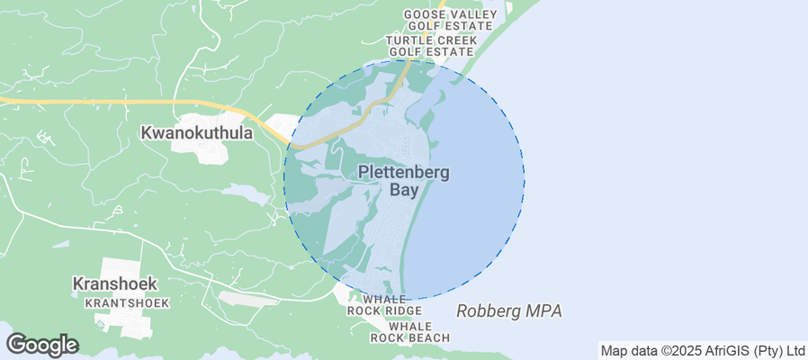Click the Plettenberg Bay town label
pyautogui.click(x=404, y=181)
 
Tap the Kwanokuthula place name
pyautogui.click(x=196, y=132)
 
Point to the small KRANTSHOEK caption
pyautogui.click(x=126, y=303)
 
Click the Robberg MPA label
pyautogui.click(x=508, y=311)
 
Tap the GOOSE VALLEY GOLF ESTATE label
pyautogui.click(x=450, y=21)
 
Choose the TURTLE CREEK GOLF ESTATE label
pyautogui.click(x=429, y=47)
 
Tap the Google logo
pyautogui.click(x=41, y=345)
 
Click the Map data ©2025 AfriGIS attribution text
pyautogui.click(x=703, y=350)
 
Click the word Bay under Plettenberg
pyautogui.click(x=405, y=190)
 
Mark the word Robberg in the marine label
pyautogui.click(x=487, y=311)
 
